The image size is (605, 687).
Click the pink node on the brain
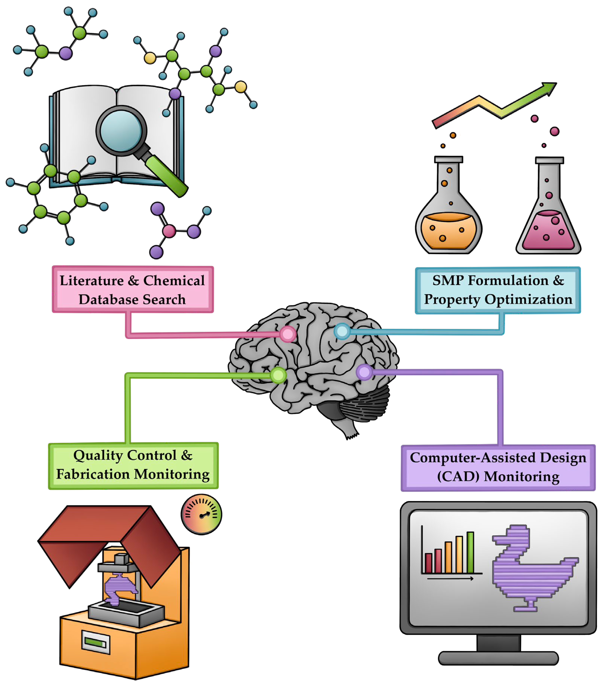(x=288, y=334)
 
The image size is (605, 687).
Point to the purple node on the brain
(x=364, y=372)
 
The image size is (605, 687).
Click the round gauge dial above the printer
(x=201, y=514)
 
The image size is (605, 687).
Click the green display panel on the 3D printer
(x=96, y=643)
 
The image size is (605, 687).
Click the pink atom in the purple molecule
(x=169, y=231)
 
